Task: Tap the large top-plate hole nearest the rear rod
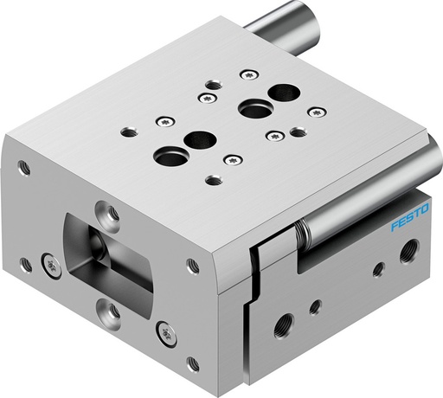click(x=280, y=90)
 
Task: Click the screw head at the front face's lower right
click(x=165, y=332)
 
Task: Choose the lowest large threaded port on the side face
click(x=281, y=330)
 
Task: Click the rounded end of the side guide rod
click(x=429, y=158)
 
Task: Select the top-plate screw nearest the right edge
click(x=318, y=112)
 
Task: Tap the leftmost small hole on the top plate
click(x=129, y=132)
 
